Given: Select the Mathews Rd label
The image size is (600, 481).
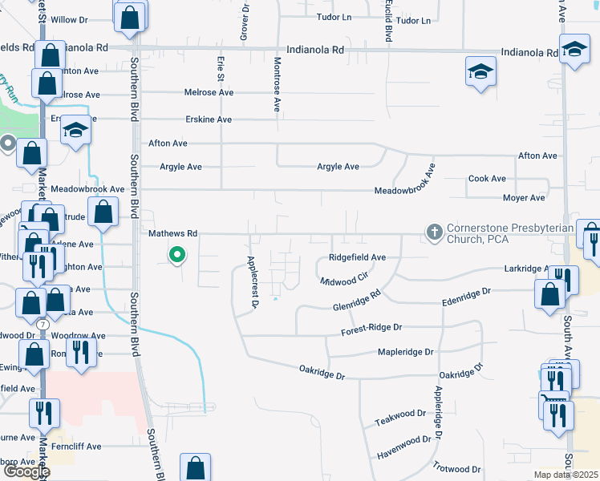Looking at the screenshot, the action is click(172, 233).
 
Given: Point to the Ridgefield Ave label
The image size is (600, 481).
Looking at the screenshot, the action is click(358, 257).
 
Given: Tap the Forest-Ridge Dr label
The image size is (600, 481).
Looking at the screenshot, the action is click(371, 328).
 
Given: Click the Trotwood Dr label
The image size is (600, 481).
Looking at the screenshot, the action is click(456, 468).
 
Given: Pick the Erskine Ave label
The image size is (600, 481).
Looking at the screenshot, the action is click(207, 119).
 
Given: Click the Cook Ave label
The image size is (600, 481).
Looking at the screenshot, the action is click(487, 179).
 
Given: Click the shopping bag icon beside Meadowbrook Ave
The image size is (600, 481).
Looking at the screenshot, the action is click(103, 213).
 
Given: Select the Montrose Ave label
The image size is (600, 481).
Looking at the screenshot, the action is click(278, 83).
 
